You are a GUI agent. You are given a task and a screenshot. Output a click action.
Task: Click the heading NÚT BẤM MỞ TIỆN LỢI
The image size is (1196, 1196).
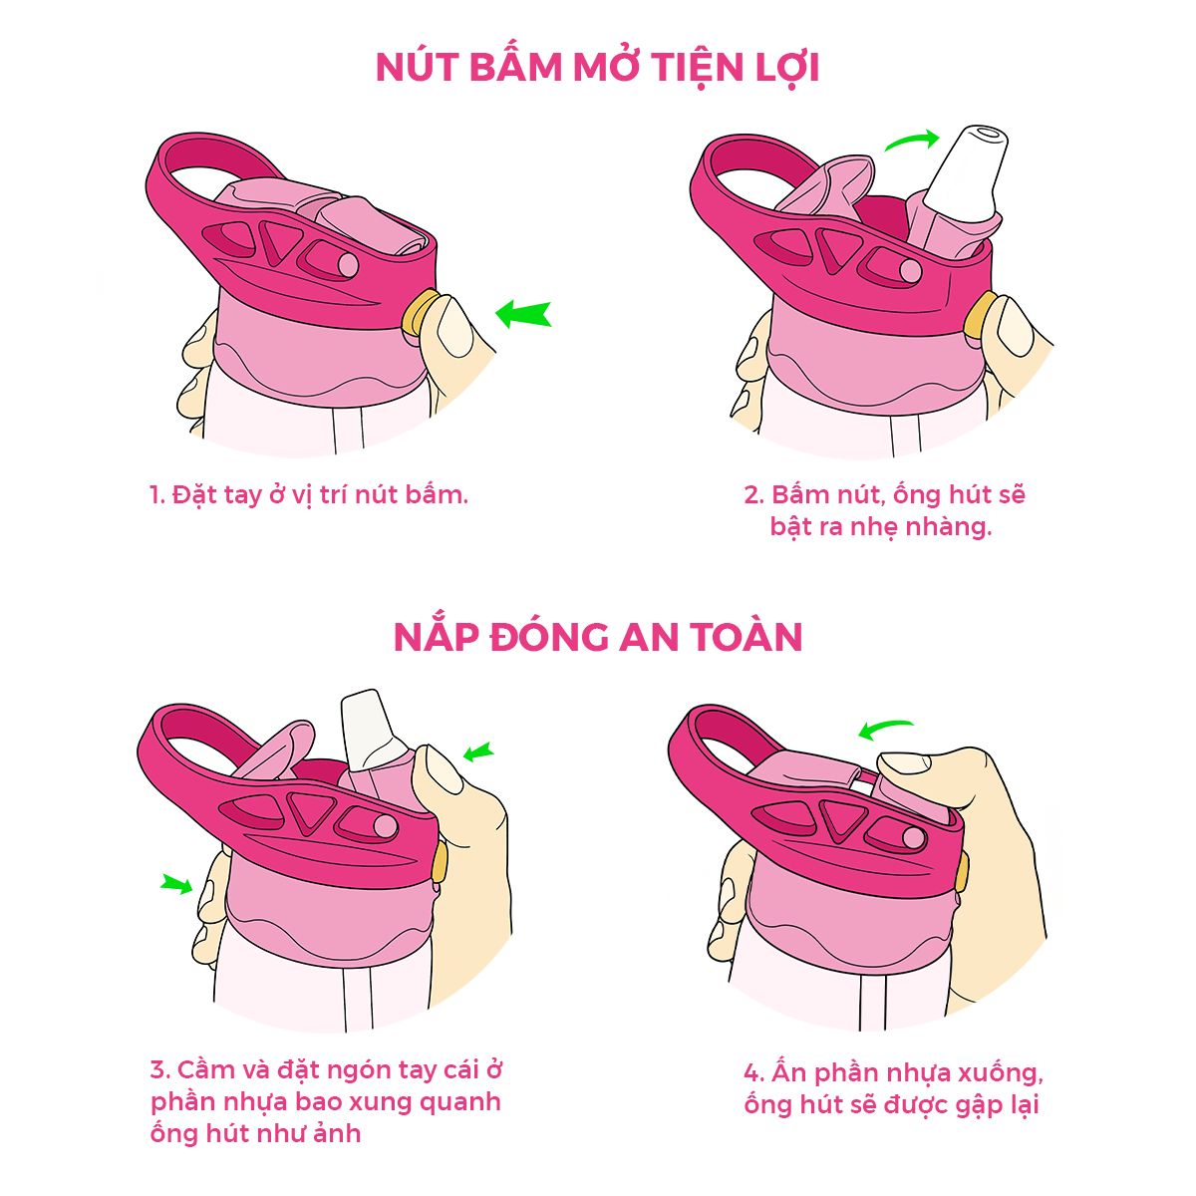pos(597,68)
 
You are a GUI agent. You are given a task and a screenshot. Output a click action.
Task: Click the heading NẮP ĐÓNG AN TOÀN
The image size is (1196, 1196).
pos(598,637)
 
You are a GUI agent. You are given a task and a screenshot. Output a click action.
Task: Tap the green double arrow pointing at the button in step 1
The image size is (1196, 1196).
pos(523,314)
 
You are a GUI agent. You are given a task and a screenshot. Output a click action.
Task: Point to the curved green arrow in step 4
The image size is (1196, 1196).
pos(886,730)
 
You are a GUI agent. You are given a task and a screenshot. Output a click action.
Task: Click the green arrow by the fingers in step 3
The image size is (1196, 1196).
pos(176,882)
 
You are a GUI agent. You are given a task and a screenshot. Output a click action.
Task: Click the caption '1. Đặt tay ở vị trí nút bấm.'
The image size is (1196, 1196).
pos(309,494)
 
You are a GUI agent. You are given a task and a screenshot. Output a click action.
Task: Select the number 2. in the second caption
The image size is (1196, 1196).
pos(753,494)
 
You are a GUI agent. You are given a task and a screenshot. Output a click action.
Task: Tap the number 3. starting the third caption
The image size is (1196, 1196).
pos(160,1070)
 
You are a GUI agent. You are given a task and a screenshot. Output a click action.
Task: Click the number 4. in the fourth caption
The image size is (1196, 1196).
pos(754,1073)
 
